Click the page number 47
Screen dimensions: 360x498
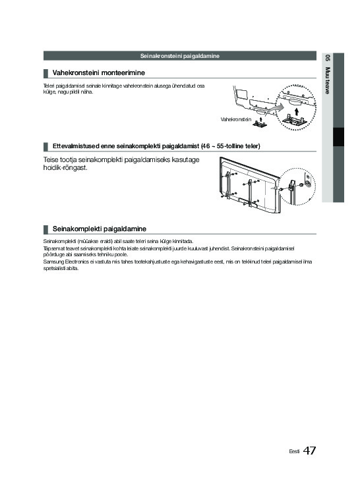[309, 451]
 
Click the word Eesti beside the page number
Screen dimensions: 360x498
[294, 451]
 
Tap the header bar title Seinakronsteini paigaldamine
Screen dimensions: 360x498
[180, 56]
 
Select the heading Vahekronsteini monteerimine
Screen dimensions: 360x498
[99, 72]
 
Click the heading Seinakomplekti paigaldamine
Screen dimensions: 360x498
[99, 229]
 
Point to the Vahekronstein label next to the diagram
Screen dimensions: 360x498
[235, 119]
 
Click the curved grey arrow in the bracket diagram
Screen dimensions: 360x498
[274, 109]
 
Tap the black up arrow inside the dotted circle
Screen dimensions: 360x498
[297, 111]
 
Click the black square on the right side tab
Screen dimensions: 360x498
[338, 137]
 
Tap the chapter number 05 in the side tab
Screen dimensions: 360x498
[327, 58]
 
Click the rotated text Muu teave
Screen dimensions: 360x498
[327, 80]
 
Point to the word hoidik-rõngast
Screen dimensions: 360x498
[65, 167]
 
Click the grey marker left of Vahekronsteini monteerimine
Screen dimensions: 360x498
[45, 73]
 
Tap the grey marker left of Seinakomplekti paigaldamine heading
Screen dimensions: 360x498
[45, 229]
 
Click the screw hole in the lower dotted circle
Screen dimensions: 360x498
[308, 184]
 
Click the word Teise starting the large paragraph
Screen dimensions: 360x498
[51, 159]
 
